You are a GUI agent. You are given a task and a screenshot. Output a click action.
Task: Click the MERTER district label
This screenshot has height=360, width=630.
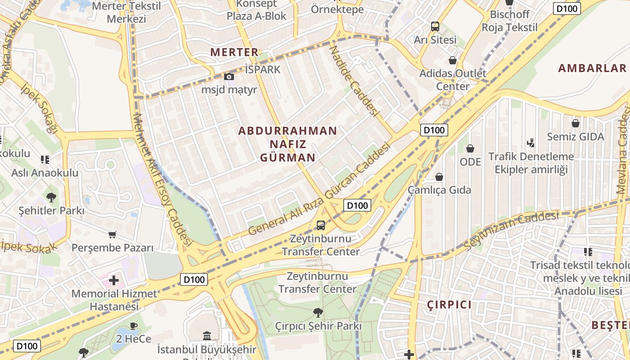click(x=234, y=52)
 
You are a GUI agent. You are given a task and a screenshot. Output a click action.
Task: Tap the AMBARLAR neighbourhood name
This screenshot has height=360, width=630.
click(x=592, y=68)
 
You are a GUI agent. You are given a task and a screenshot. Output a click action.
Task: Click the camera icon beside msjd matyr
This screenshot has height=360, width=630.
click(x=229, y=77)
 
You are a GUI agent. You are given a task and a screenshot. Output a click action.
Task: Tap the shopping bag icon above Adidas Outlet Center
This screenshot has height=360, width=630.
click(x=453, y=60)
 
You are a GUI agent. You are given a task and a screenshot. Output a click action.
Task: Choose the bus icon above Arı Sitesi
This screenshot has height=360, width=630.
click(x=435, y=27)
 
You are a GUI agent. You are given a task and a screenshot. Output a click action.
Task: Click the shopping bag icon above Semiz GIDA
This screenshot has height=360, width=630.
click(x=576, y=123)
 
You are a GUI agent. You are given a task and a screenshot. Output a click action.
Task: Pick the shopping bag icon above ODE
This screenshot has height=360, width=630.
click(x=470, y=148)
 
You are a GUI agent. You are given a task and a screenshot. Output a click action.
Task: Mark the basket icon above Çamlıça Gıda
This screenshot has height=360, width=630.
click(x=439, y=177)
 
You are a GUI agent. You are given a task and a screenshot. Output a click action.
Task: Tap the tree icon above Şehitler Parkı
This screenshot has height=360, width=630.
click(x=51, y=197)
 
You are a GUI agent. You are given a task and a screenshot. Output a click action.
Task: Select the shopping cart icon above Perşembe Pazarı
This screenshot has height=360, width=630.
click(x=112, y=234)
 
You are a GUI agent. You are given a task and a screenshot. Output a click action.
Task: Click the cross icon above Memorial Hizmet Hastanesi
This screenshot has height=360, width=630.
click(x=114, y=281)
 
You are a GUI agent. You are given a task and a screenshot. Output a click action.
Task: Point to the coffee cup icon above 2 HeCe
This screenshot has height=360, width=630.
click(x=133, y=326)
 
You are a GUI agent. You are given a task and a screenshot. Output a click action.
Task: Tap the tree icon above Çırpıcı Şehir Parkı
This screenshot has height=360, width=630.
click(x=318, y=312)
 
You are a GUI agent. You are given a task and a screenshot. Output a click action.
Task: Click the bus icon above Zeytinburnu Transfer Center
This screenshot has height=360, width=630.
click(x=321, y=225)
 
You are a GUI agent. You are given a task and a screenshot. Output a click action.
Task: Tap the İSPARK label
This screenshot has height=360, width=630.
click(x=263, y=70)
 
